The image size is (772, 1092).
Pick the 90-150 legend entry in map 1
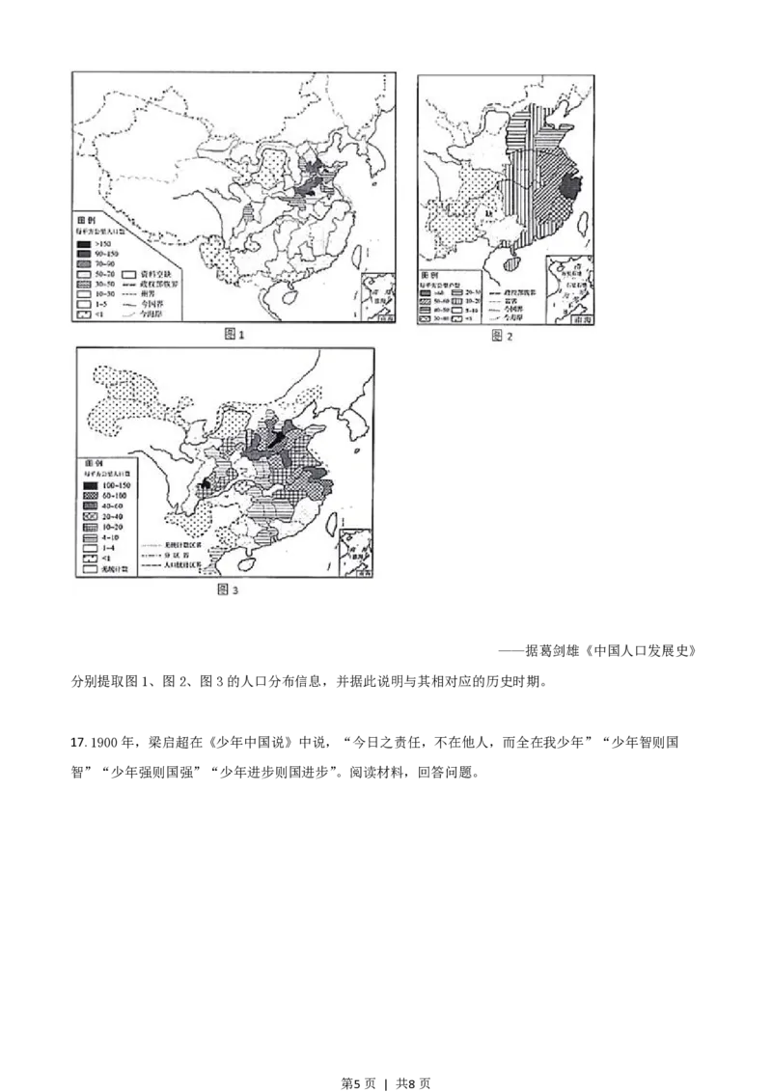pyautogui.click(x=99, y=253)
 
